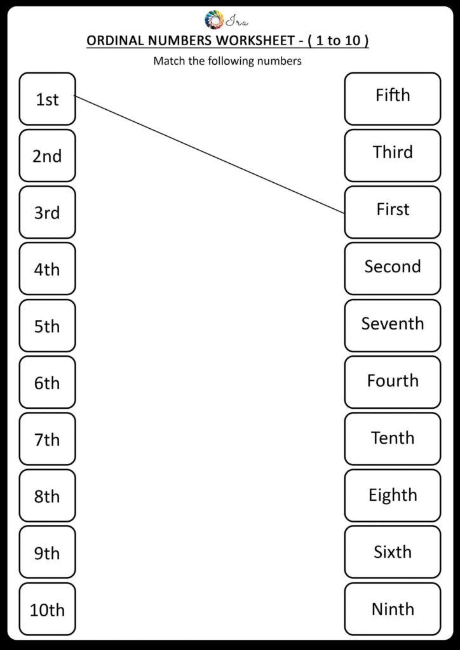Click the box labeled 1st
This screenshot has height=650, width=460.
[x=47, y=99]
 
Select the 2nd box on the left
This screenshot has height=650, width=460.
[x=47, y=156]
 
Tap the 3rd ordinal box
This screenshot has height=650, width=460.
[x=47, y=212]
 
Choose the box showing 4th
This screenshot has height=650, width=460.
[x=47, y=269]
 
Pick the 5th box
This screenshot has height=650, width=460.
[x=47, y=326]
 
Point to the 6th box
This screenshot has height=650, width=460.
[x=47, y=382]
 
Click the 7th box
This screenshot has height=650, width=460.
[x=47, y=439]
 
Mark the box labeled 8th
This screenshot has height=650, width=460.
[x=47, y=496]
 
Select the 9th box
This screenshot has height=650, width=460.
[x=47, y=552]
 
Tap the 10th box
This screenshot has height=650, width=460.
[x=47, y=609]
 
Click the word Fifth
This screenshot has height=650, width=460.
[x=393, y=95]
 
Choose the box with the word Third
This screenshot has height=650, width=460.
[x=393, y=152]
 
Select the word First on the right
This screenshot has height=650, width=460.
[x=393, y=209]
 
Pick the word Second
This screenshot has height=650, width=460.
[x=393, y=267]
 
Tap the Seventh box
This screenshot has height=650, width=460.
[x=393, y=324]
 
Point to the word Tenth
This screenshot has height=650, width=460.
[x=393, y=438]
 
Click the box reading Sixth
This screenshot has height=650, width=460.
[x=393, y=552]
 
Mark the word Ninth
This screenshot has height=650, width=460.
[x=393, y=609]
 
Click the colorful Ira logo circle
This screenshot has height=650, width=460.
[x=214, y=20]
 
